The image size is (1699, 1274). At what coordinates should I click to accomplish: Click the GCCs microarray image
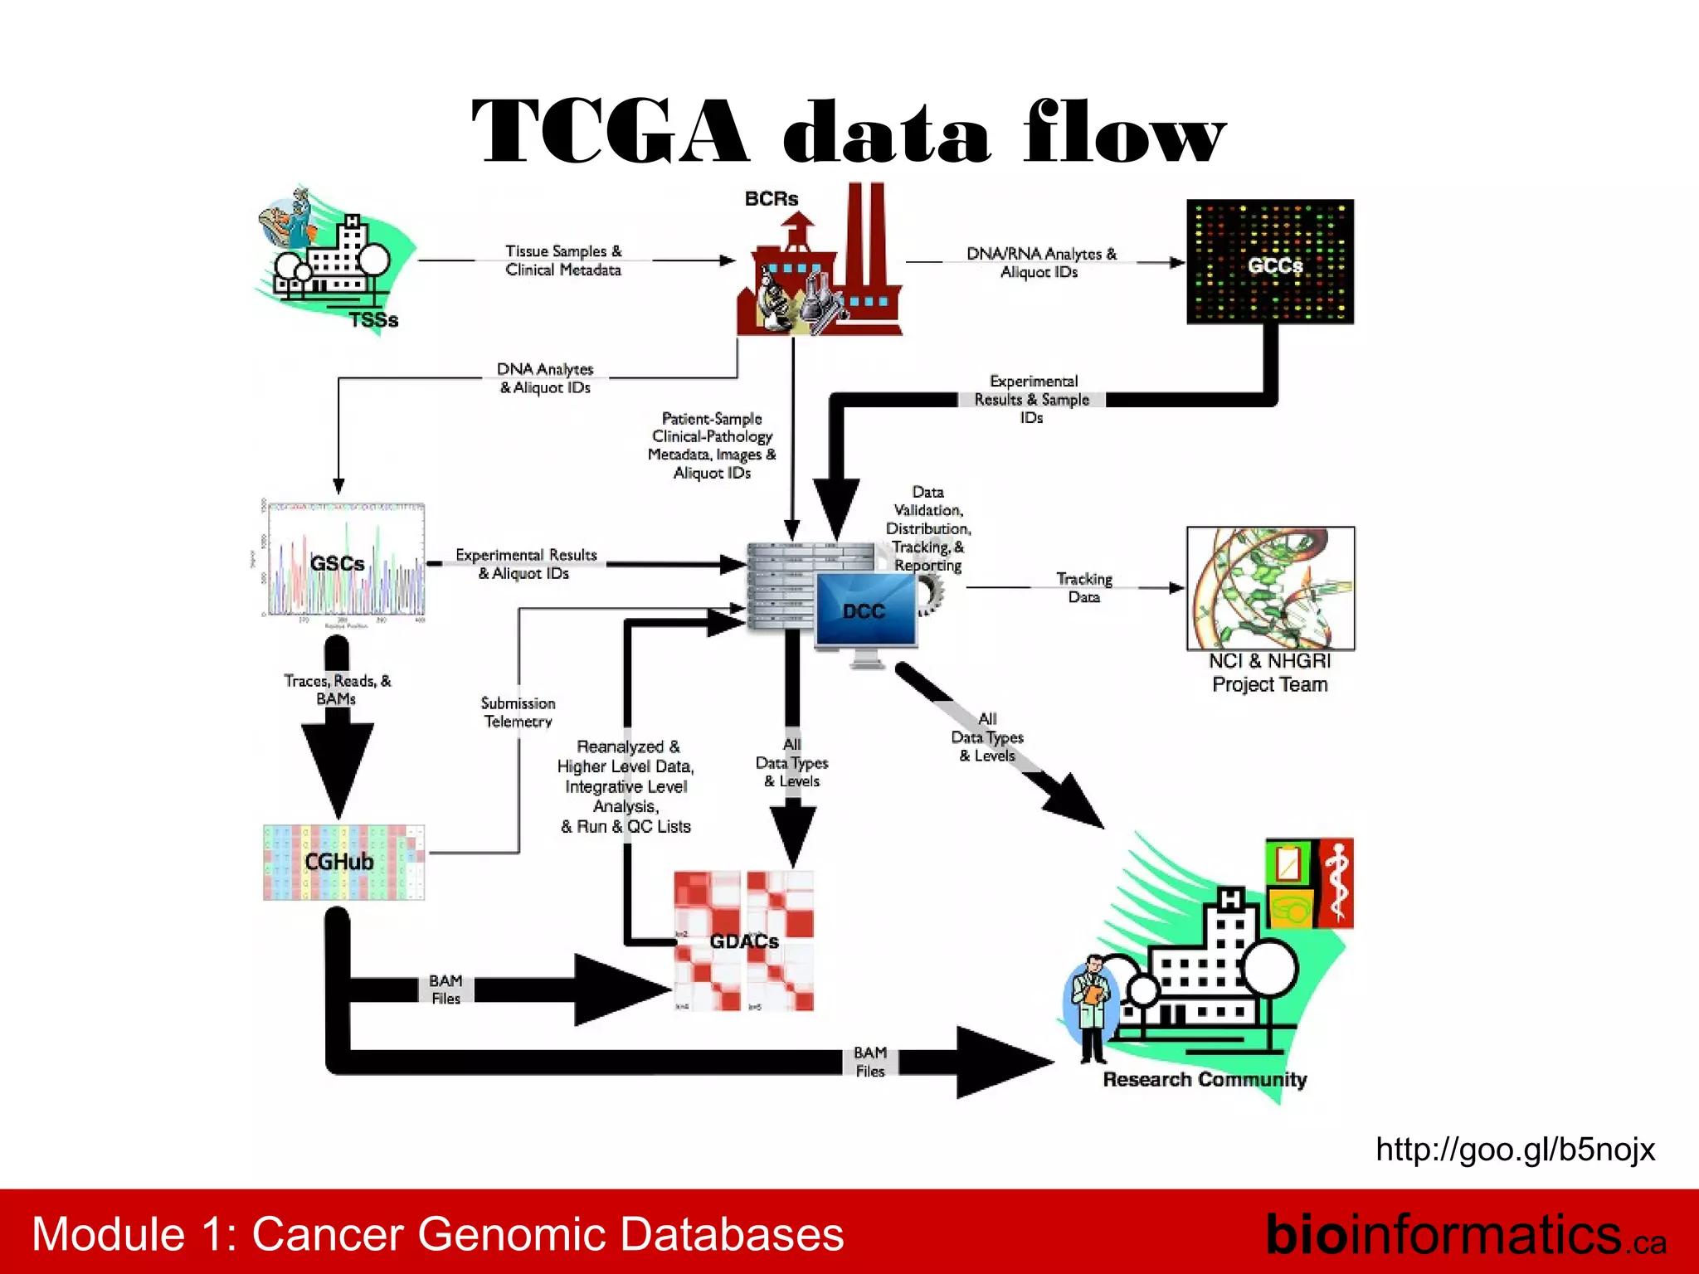pos(1269,261)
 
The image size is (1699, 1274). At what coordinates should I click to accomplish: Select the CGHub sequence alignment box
pos(343,862)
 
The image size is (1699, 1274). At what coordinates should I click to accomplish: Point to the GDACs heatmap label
pos(744,941)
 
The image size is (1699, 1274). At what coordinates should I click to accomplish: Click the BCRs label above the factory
pos(771,199)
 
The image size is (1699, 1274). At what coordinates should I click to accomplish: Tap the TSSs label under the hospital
pos(373,320)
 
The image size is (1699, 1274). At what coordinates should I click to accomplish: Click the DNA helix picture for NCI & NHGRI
pos(1270,588)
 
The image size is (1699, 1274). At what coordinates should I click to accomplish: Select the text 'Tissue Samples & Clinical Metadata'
pos(563,260)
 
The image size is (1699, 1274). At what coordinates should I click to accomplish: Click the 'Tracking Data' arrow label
pos(1083,587)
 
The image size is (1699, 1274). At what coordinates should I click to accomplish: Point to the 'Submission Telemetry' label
pos(518,712)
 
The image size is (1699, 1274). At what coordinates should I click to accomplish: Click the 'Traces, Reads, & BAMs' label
pos(337,689)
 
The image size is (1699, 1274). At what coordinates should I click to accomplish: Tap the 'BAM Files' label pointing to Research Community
pos(870,1062)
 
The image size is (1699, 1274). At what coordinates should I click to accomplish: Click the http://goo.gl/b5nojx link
pos(1515,1150)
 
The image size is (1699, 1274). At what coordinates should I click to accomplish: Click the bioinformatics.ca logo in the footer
pos(1464,1234)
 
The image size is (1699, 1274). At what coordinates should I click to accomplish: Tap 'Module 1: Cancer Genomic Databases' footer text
pos(437,1233)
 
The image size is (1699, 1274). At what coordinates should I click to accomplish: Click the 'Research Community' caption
pos(1204,1079)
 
